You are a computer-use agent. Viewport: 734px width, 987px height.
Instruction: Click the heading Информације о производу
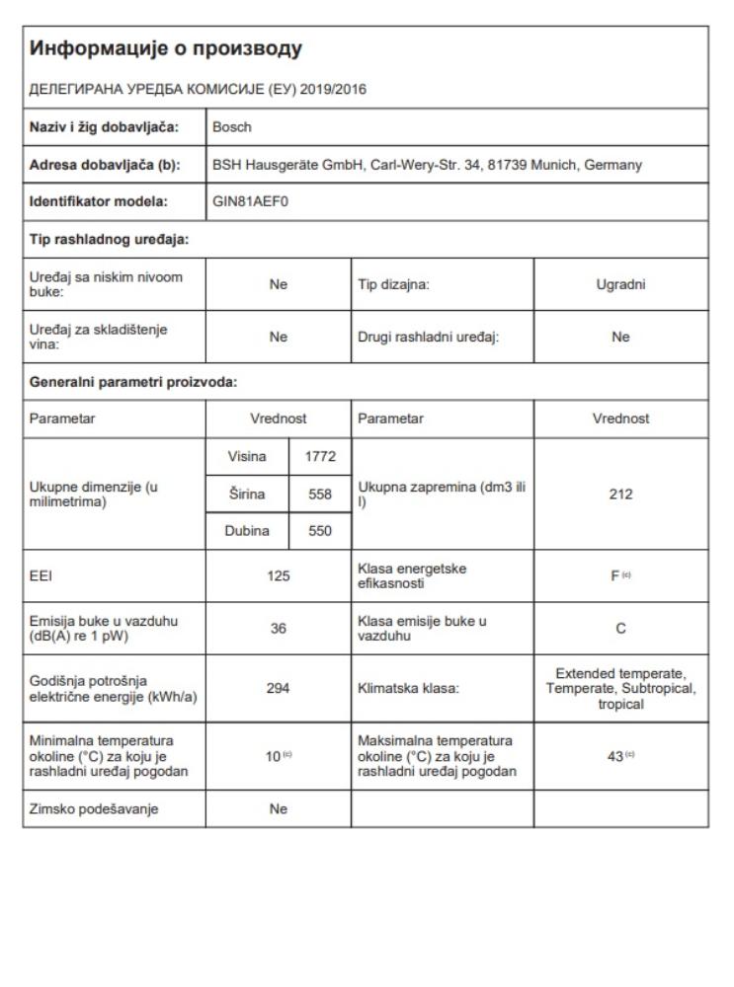(x=163, y=47)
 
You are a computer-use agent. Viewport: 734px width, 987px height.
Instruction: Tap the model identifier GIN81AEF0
(x=247, y=202)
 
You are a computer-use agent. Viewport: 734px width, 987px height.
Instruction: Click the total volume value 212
(x=621, y=493)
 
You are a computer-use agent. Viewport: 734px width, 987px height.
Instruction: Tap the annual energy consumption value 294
(x=277, y=680)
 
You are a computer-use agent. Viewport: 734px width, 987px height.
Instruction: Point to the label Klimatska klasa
(x=401, y=680)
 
